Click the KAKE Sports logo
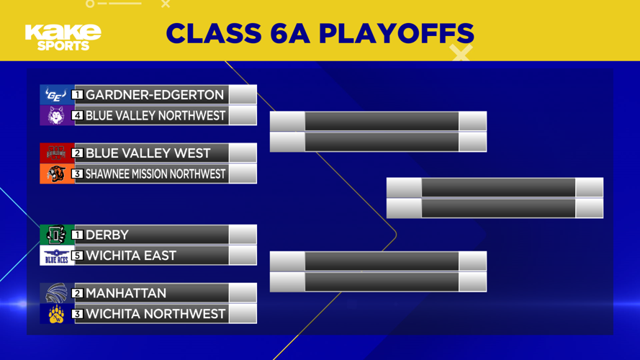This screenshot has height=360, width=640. (x=62, y=37)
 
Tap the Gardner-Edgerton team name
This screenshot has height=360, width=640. (x=155, y=95)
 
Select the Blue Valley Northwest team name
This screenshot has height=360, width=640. (x=156, y=115)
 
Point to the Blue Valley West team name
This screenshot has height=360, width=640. (x=148, y=153)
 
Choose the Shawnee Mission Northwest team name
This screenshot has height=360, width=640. (x=156, y=174)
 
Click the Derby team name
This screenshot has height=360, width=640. (x=107, y=235)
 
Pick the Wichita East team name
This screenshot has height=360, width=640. (x=131, y=256)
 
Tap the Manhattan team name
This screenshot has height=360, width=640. (x=126, y=293)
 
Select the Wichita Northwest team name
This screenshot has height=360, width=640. (x=156, y=314)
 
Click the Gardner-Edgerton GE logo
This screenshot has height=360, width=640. (x=56, y=95)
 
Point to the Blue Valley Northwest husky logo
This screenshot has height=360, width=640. (x=56, y=115)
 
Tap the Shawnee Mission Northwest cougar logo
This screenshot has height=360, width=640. (x=56, y=174)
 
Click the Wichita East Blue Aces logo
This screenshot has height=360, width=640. (x=56, y=256)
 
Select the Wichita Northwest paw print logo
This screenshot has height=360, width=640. (x=56, y=314)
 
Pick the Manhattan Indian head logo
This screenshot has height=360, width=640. (x=56, y=293)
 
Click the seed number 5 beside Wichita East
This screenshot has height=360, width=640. (x=78, y=256)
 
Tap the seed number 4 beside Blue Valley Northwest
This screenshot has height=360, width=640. (x=78, y=115)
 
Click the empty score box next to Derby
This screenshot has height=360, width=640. (x=243, y=235)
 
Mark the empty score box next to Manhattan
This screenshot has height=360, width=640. (x=243, y=293)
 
